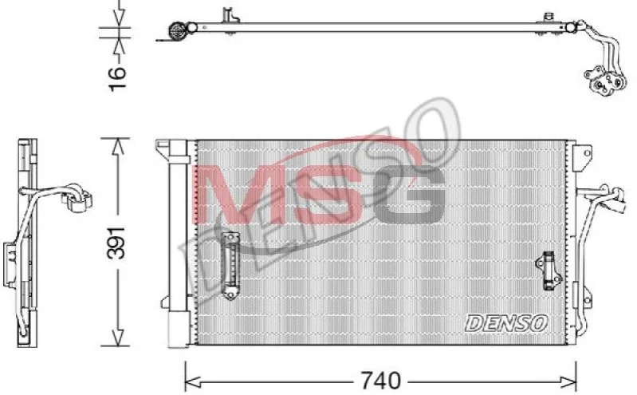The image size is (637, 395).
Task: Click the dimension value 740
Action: click(x=380, y=381)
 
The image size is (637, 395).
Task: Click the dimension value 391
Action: click(x=116, y=243)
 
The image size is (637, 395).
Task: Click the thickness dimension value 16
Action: click(x=117, y=77)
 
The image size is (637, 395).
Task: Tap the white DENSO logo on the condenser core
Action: click(x=506, y=323)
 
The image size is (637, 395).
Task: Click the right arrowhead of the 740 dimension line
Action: click(x=568, y=381)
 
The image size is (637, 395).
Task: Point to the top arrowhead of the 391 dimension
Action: click(x=118, y=146)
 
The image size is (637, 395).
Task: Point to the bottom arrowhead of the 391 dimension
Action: click(x=118, y=338)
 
